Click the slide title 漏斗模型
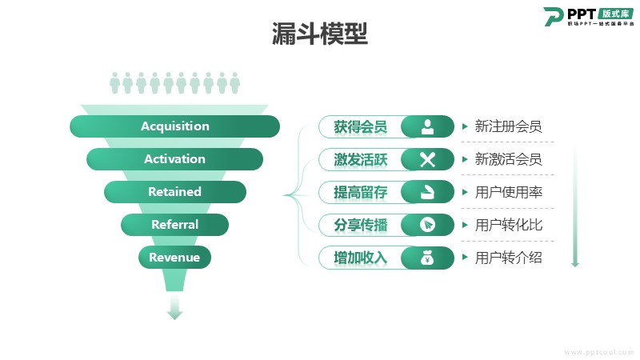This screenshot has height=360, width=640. coord(319,34)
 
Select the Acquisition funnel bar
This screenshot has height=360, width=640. coord(174,126)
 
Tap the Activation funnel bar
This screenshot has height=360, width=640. coord(174,158)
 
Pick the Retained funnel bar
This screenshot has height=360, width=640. coord(174,192)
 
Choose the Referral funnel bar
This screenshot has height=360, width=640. coord(174,225)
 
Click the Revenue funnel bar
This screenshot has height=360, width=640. coord(174,257)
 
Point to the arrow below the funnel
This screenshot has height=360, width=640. coord(174,307)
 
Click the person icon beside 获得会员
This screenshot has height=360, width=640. coord(427,126)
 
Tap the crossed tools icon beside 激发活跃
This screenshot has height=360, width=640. coord(427,159)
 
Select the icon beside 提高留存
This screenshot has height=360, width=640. coord(427,192)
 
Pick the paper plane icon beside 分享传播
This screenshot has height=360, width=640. coord(427,225)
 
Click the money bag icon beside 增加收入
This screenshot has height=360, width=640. coord(427,258)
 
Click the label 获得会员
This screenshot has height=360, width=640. coord(361,126)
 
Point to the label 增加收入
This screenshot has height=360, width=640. coord(361,258)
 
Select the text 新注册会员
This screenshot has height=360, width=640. coord(508,126)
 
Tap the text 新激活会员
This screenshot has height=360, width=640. coord(508,159)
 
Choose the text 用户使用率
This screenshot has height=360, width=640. coord(509,192)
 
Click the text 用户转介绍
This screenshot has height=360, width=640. coord(509,258)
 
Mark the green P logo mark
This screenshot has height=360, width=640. coord(554,17)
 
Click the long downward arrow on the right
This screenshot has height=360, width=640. coord(575,206)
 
